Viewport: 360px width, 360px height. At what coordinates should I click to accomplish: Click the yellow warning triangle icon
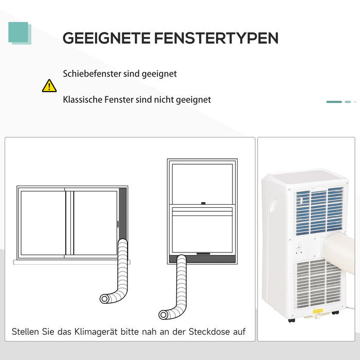49,86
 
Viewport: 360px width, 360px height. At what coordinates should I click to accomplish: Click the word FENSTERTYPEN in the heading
216,38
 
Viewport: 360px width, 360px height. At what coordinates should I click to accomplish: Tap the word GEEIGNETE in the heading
106,38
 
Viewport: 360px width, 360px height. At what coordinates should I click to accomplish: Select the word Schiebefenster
92,74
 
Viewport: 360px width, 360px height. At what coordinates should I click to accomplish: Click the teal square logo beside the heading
20,33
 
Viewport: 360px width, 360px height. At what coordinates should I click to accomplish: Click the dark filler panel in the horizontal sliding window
122,213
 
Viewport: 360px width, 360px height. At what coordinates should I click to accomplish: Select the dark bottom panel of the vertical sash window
202,259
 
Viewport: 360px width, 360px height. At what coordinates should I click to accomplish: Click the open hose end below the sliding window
104,299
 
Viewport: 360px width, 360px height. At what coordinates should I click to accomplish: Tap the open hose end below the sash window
163,315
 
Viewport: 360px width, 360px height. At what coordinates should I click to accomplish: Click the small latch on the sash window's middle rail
203,203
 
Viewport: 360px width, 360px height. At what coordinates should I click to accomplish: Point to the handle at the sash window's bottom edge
203,254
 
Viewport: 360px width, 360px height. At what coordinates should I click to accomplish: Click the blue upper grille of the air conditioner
319,211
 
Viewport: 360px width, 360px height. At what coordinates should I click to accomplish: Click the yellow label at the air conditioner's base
318,311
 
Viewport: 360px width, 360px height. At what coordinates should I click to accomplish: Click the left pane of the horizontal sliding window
43,223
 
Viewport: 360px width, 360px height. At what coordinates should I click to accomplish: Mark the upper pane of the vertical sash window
202,184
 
